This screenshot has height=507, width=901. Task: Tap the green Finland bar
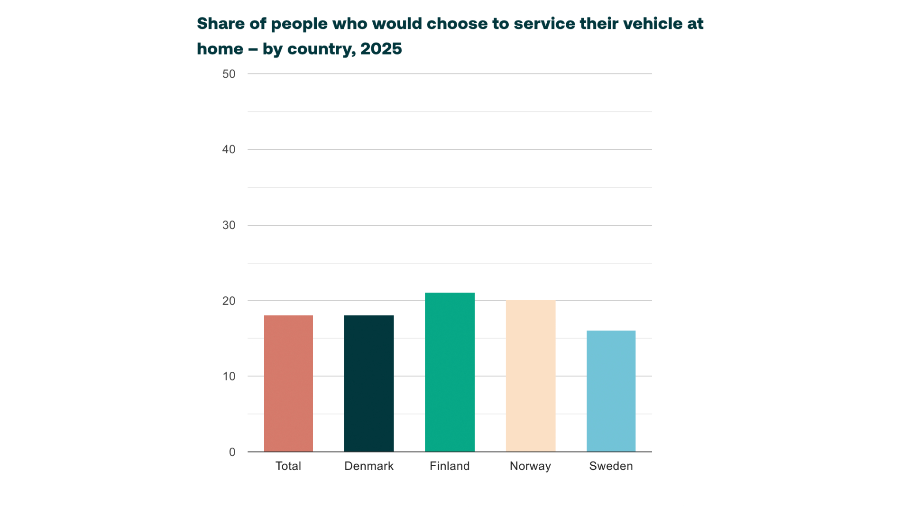(x=450, y=372)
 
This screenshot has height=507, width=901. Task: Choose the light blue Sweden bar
(x=611, y=391)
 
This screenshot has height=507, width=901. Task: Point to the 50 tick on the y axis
(x=229, y=74)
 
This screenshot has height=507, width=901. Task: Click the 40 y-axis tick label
(x=229, y=149)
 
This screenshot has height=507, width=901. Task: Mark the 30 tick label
(x=229, y=225)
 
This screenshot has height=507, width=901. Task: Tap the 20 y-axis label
(x=229, y=301)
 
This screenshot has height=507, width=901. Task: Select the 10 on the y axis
(x=229, y=377)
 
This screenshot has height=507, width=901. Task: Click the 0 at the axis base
(x=232, y=452)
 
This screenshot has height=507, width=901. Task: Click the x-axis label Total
(x=288, y=466)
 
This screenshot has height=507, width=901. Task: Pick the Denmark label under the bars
(x=368, y=466)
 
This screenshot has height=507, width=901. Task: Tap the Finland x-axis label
(x=450, y=466)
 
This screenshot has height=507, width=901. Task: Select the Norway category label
(x=530, y=466)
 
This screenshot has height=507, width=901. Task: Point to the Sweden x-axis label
(x=611, y=466)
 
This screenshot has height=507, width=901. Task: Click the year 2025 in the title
(x=381, y=48)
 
